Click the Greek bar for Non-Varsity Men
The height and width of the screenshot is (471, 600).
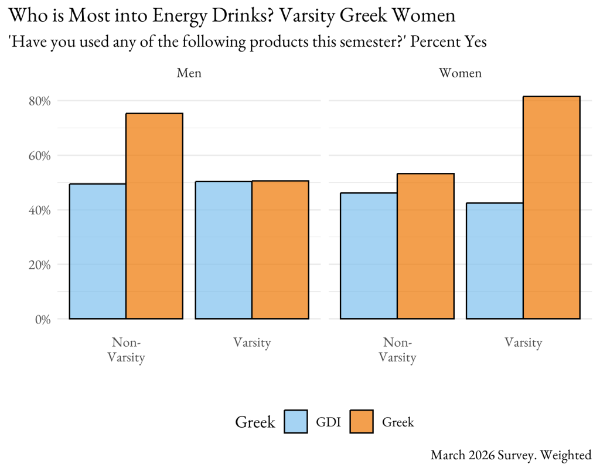pos(155,216)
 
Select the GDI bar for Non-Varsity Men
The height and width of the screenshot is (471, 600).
pos(98,251)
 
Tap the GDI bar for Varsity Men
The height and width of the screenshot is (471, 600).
pos(223,250)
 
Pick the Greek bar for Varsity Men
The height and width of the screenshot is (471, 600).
pos(280,250)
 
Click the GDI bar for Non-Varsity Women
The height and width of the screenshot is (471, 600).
pos(369,256)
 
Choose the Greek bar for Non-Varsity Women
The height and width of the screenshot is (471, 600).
pos(425,246)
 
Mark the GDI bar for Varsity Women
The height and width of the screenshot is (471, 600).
pos(495,261)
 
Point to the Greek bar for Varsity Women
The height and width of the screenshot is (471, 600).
pos(551,207)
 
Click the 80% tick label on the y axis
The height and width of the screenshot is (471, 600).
pos(39,101)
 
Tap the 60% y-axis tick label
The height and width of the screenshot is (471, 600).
pos(39,156)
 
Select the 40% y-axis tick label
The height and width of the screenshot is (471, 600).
pos(39,210)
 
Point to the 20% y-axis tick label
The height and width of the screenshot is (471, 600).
pos(39,265)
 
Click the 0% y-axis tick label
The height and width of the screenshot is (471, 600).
pos(43,319)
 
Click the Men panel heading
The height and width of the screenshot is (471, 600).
pos(189,73)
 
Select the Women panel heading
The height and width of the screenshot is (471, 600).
pos(461,73)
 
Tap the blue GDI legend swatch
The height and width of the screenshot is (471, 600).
pos(296,421)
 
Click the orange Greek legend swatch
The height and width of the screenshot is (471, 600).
pos(362,421)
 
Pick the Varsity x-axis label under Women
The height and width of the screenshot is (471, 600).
pos(523,343)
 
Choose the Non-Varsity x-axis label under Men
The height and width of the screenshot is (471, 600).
pos(127,350)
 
